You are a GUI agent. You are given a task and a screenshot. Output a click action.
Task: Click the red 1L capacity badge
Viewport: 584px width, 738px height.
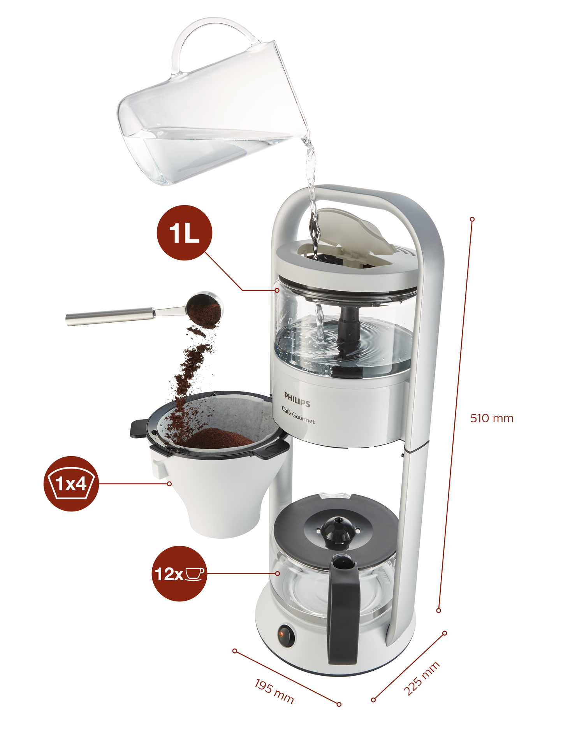(x=184, y=233)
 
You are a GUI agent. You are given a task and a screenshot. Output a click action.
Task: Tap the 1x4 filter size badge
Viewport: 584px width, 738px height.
(x=71, y=484)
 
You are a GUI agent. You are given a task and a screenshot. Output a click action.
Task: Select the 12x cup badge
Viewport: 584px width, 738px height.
(x=179, y=573)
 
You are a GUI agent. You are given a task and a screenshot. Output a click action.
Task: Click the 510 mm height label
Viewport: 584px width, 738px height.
(x=492, y=418)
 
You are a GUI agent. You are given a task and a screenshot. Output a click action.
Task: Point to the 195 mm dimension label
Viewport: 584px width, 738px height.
(x=274, y=691)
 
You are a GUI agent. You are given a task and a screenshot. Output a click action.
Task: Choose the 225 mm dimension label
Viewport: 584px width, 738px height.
(x=422, y=678)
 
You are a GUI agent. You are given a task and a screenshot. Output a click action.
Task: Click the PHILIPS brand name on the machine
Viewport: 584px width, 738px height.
(x=297, y=400)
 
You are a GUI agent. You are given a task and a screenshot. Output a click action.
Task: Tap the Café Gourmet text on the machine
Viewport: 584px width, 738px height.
(x=298, y=415)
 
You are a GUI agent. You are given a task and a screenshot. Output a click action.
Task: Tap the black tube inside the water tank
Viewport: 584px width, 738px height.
(x=348, y=327)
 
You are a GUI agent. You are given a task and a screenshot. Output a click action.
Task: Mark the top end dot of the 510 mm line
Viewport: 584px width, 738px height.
(x=472, y=220)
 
